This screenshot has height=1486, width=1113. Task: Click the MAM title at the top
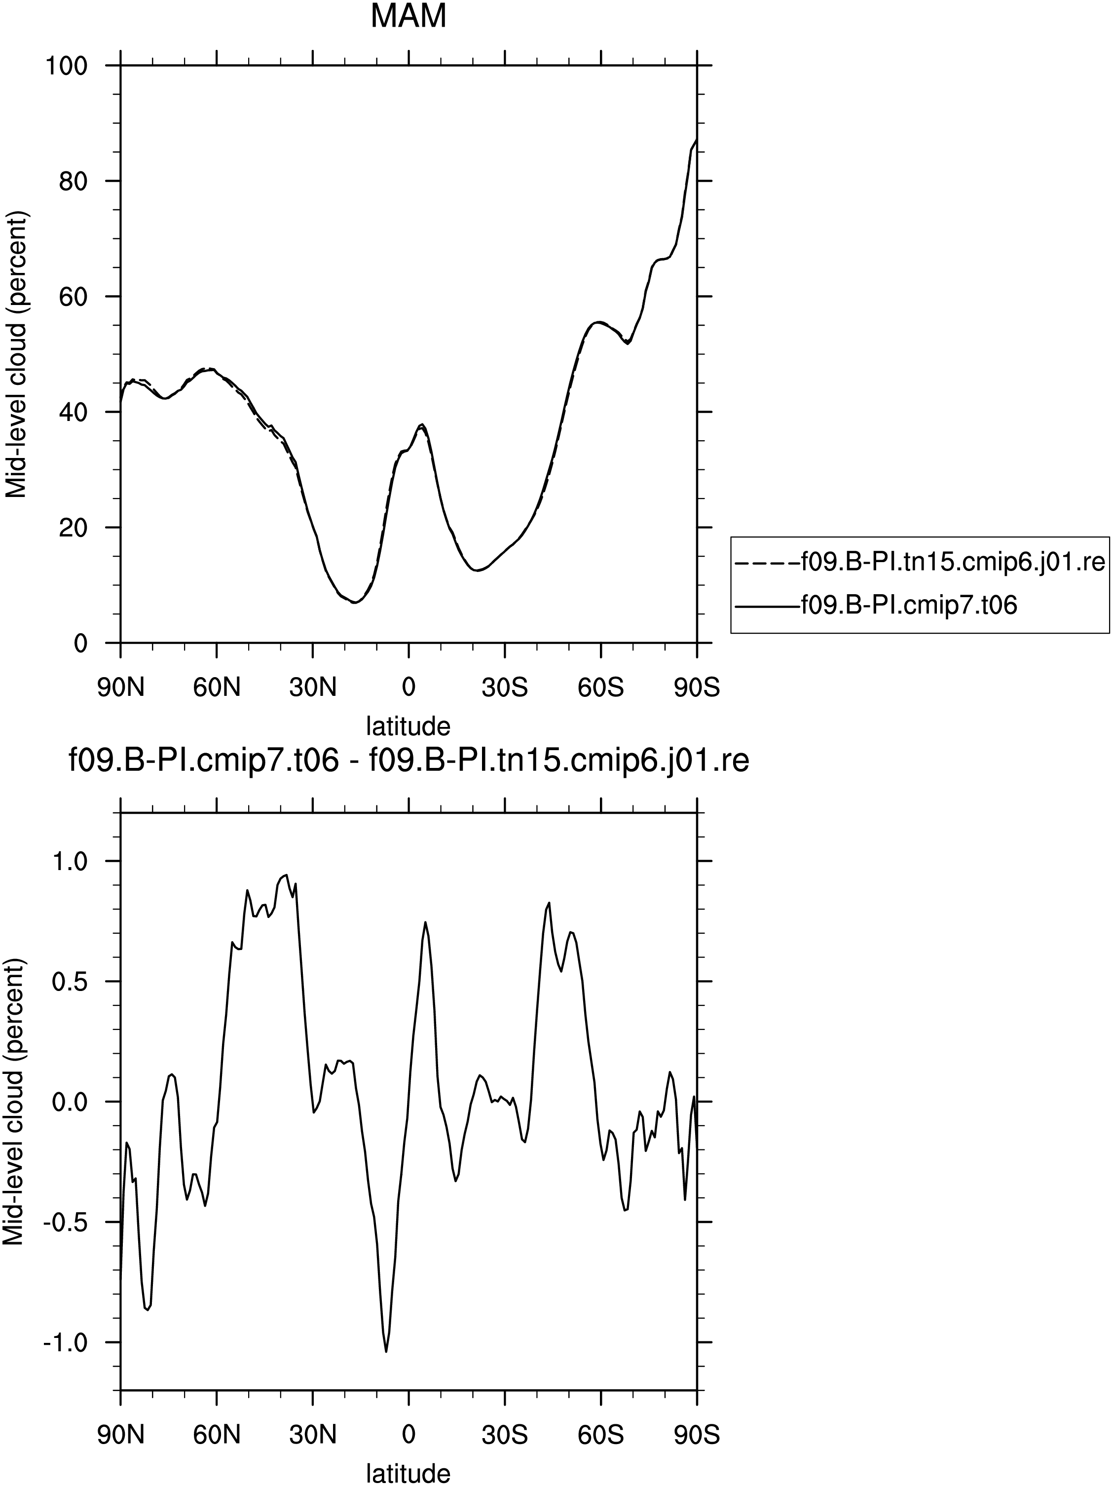(408, 16)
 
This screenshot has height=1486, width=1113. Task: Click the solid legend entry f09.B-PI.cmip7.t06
(877, 605)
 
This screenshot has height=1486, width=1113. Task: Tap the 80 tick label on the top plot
(73, 182)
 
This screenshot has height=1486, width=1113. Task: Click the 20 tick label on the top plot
(73, 528)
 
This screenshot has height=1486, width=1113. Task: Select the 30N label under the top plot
(312, 688)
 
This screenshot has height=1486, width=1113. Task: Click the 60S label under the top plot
(600, 688)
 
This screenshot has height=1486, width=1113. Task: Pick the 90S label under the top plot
(697, 688)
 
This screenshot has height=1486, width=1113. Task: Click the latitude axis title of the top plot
(408, 725)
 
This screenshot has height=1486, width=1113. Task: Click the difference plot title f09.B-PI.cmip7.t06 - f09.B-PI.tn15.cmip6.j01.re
(408, 761)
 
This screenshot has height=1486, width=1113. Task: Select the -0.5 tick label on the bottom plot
(66, 1222)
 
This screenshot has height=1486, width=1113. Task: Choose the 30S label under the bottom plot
(504, 1435)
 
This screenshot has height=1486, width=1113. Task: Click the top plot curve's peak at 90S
(697, 139)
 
